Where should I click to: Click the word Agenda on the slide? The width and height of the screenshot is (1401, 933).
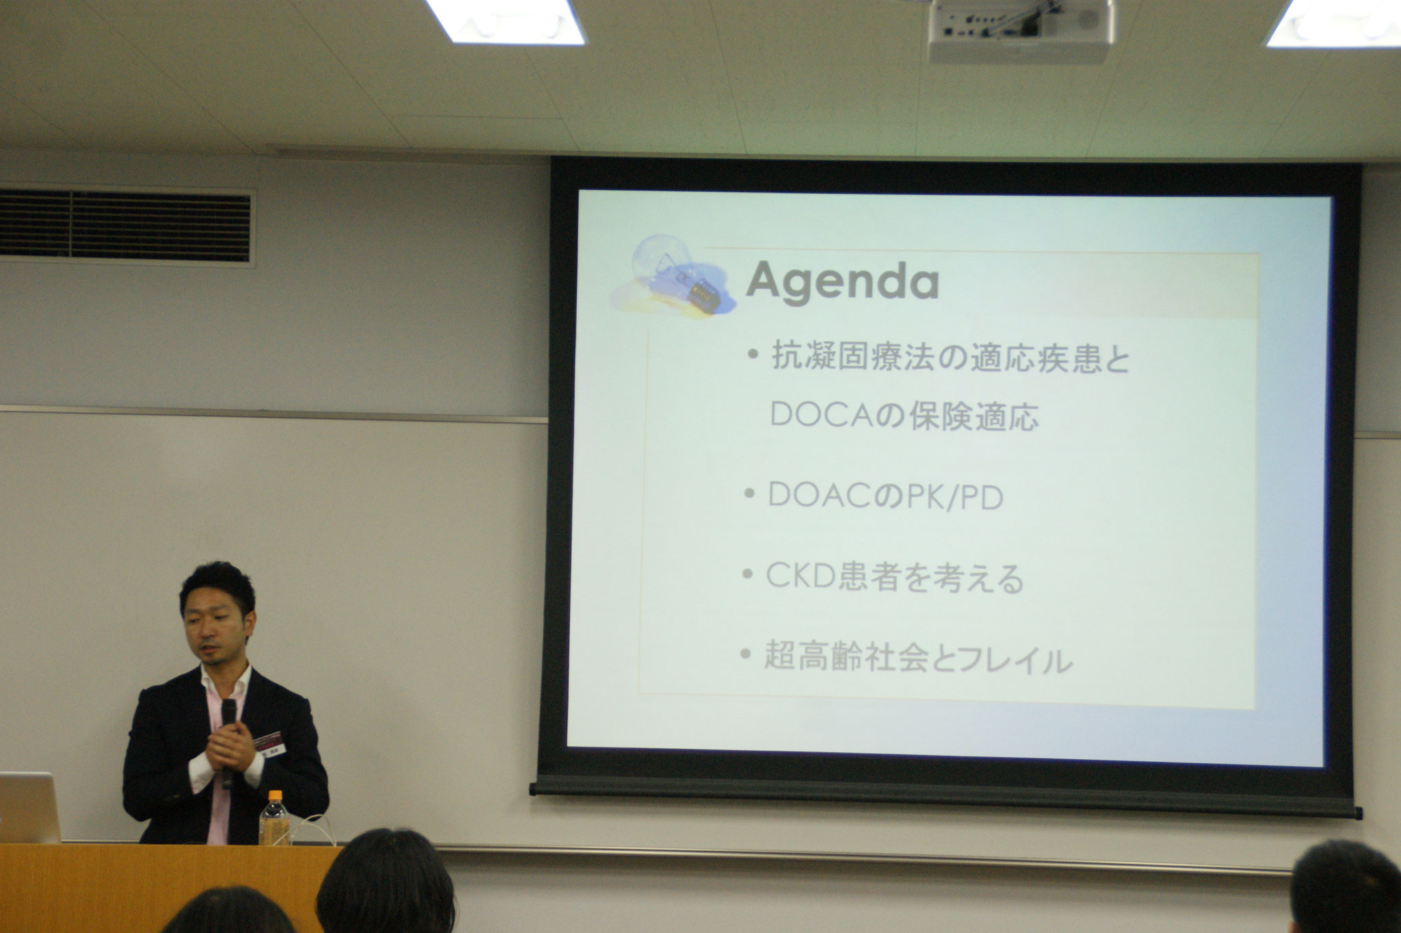coord(842,282)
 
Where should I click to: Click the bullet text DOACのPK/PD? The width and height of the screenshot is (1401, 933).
coord(885,496)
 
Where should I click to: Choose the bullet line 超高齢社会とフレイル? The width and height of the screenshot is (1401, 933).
coord(917,659)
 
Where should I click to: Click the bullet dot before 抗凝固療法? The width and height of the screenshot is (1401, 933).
coord(753,355)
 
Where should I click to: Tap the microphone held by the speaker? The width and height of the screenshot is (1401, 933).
coord(228,739)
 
